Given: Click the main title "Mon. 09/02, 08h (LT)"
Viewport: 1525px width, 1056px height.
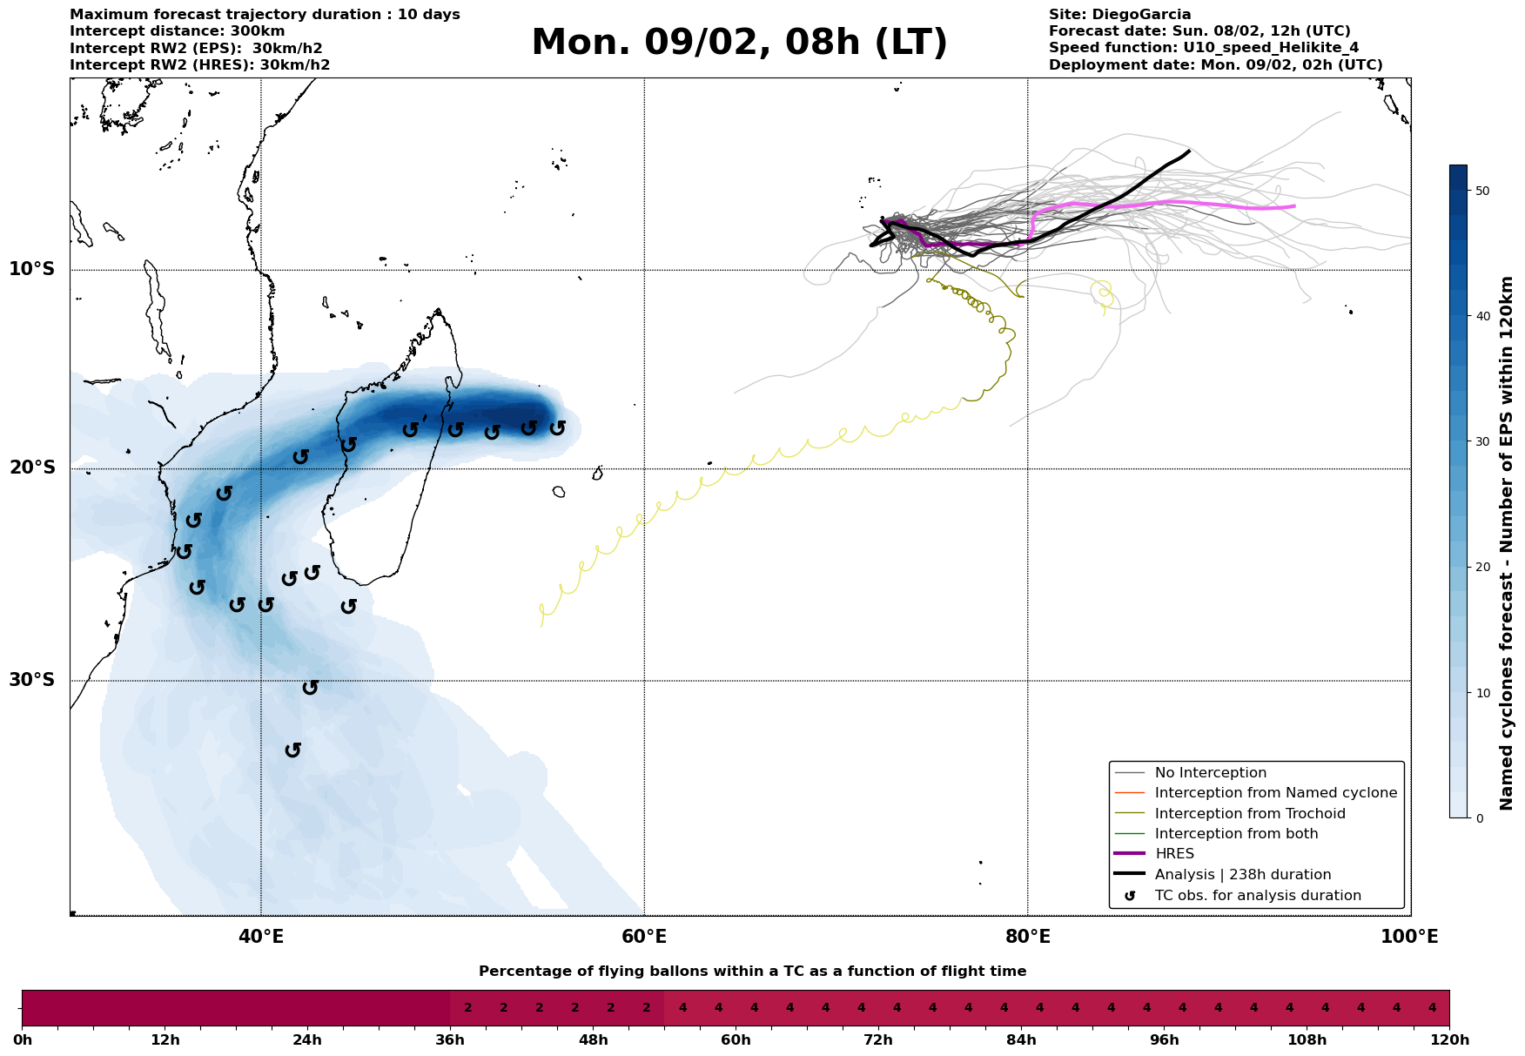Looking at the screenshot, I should click(x=739, y=43).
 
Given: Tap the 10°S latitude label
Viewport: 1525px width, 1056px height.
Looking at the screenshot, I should click(x=32, y=268).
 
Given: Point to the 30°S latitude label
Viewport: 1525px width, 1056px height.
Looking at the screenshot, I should click(x=32, y=679).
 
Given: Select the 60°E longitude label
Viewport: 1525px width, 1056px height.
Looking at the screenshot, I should click(x=644, y=937).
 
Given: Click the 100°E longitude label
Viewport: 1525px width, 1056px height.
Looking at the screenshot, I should click(x=1410, y=937).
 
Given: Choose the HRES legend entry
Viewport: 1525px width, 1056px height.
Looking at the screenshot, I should click(x=1174, y=854).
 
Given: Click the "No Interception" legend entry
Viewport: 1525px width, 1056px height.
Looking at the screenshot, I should click(x=1210, y=773).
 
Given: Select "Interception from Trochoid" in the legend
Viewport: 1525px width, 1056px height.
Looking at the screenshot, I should click(x=1249, y=814).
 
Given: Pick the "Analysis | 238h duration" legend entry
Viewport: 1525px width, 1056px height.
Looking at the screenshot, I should click(x=1242, y=875).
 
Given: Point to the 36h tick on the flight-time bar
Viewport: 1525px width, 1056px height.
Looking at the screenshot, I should click(x=450, y=1039).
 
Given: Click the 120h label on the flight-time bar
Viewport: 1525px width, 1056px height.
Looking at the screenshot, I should click(x=1449, y=1039).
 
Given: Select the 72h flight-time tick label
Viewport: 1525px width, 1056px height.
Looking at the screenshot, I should click(x=878, y=1039).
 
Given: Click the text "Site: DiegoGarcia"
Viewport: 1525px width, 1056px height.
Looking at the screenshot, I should click(x=1119, y=15).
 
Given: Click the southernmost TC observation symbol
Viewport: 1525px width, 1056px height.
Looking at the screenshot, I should click(x=293, y=750).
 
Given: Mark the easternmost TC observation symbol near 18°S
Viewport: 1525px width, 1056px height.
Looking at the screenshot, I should click(x=557, y=427).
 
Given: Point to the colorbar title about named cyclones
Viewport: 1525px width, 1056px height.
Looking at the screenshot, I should click(x=1507, y=543).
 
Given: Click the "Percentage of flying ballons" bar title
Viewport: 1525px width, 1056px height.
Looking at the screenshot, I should click(x=752, y=972).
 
